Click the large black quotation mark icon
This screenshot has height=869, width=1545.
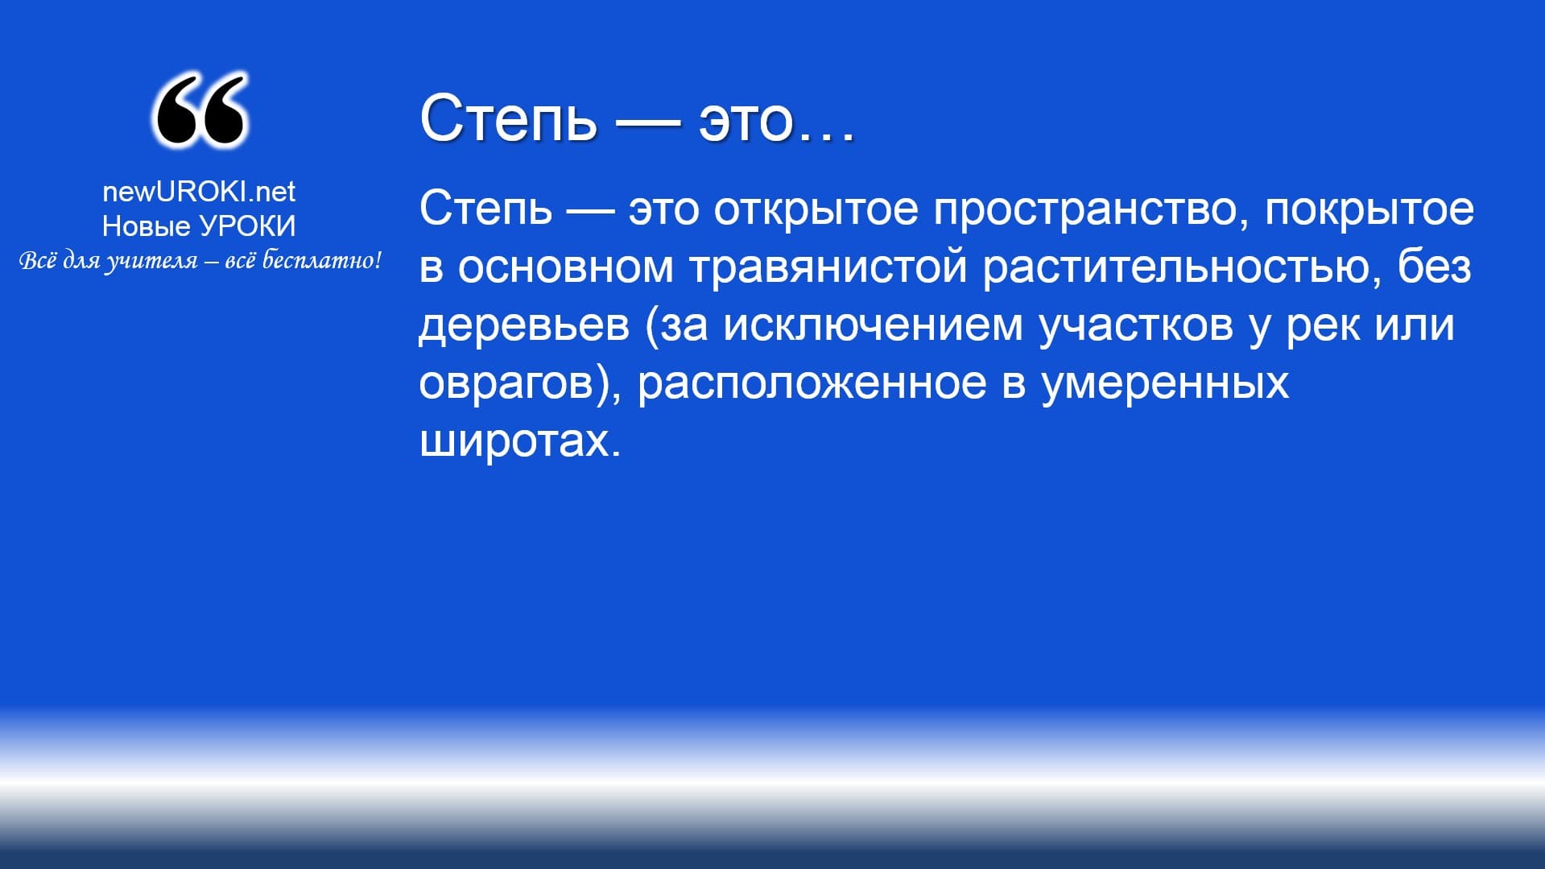tap(200, 110)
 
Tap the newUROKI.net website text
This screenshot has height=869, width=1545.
tap(199, 192)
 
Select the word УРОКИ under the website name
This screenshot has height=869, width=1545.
tap(247, 226)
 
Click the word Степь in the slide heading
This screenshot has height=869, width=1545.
tap(508, 118)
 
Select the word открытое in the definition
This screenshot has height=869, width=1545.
tap(816, 209)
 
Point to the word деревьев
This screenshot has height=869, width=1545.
tap(524, 325)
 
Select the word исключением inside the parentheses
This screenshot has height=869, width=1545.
tap(873, 325)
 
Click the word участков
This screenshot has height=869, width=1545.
tap(1136, 326)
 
